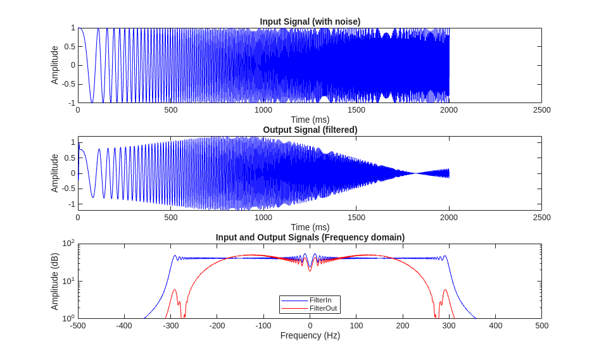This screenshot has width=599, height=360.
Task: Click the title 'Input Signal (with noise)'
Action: [x=310, y=22]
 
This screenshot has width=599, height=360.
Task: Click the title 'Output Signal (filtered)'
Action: [x=310, y=130]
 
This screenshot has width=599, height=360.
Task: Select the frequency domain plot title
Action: [x=310, y=237]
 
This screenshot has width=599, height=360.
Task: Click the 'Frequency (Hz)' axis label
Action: [x=310, y=335]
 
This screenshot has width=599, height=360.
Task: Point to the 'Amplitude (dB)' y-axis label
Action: [x=55, y=282]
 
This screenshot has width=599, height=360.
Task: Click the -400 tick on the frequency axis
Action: [x=124, y=325]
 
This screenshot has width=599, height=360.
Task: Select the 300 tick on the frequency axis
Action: [x=449, y=325]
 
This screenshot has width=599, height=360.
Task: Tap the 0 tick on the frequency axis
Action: [x=310, y=325]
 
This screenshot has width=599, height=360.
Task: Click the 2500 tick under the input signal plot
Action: [x=541, y=109]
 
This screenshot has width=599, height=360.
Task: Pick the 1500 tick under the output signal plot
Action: [x=356, y=218]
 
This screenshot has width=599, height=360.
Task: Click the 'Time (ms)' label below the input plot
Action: [x=310, y=120]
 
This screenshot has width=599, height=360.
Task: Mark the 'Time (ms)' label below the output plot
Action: [x=310, y=227]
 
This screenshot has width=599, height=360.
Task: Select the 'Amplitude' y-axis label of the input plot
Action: [x=55, y=65]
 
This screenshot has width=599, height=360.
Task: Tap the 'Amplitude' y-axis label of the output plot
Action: [x=55, y=173]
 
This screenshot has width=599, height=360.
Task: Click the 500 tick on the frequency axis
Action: [x=541, y=325]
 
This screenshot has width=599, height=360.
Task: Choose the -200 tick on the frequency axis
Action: [x=217, y=325]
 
